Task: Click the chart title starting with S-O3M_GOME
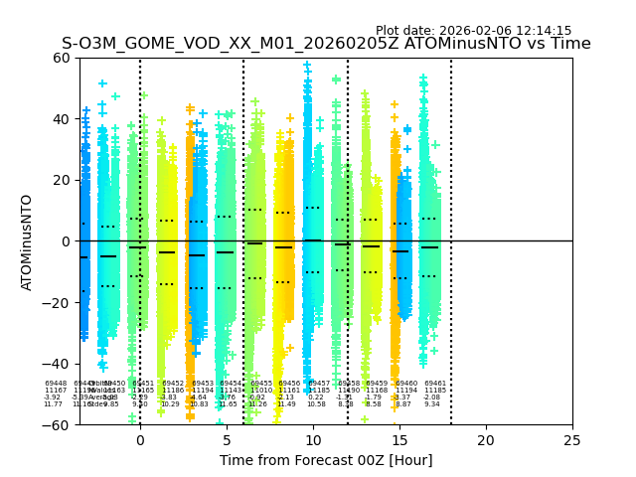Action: tap(326, 44)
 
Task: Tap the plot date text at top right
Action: tap(473, 31)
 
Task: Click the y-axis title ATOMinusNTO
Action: tap(27, 241)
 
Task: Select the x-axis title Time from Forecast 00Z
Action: tap(326, 460)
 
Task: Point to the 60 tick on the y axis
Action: tap(62, 58)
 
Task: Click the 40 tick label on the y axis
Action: tap(62, 119)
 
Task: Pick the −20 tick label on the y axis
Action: tap(58, 303)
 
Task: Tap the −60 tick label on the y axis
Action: tap(58, 425)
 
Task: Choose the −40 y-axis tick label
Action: tap(58, 364)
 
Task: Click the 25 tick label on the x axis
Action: tap(572, 440)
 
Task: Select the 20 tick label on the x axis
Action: tap(486, 440)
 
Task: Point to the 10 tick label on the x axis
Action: tap(313, 440)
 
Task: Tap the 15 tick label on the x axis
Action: tap(399, 440)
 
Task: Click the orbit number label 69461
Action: tap(435, 384)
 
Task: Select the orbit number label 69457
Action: tap(319, 384)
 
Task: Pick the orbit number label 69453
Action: tap(203, 384)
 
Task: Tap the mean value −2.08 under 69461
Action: tap(432, 397)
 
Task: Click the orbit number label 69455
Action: tap(261, 384)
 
